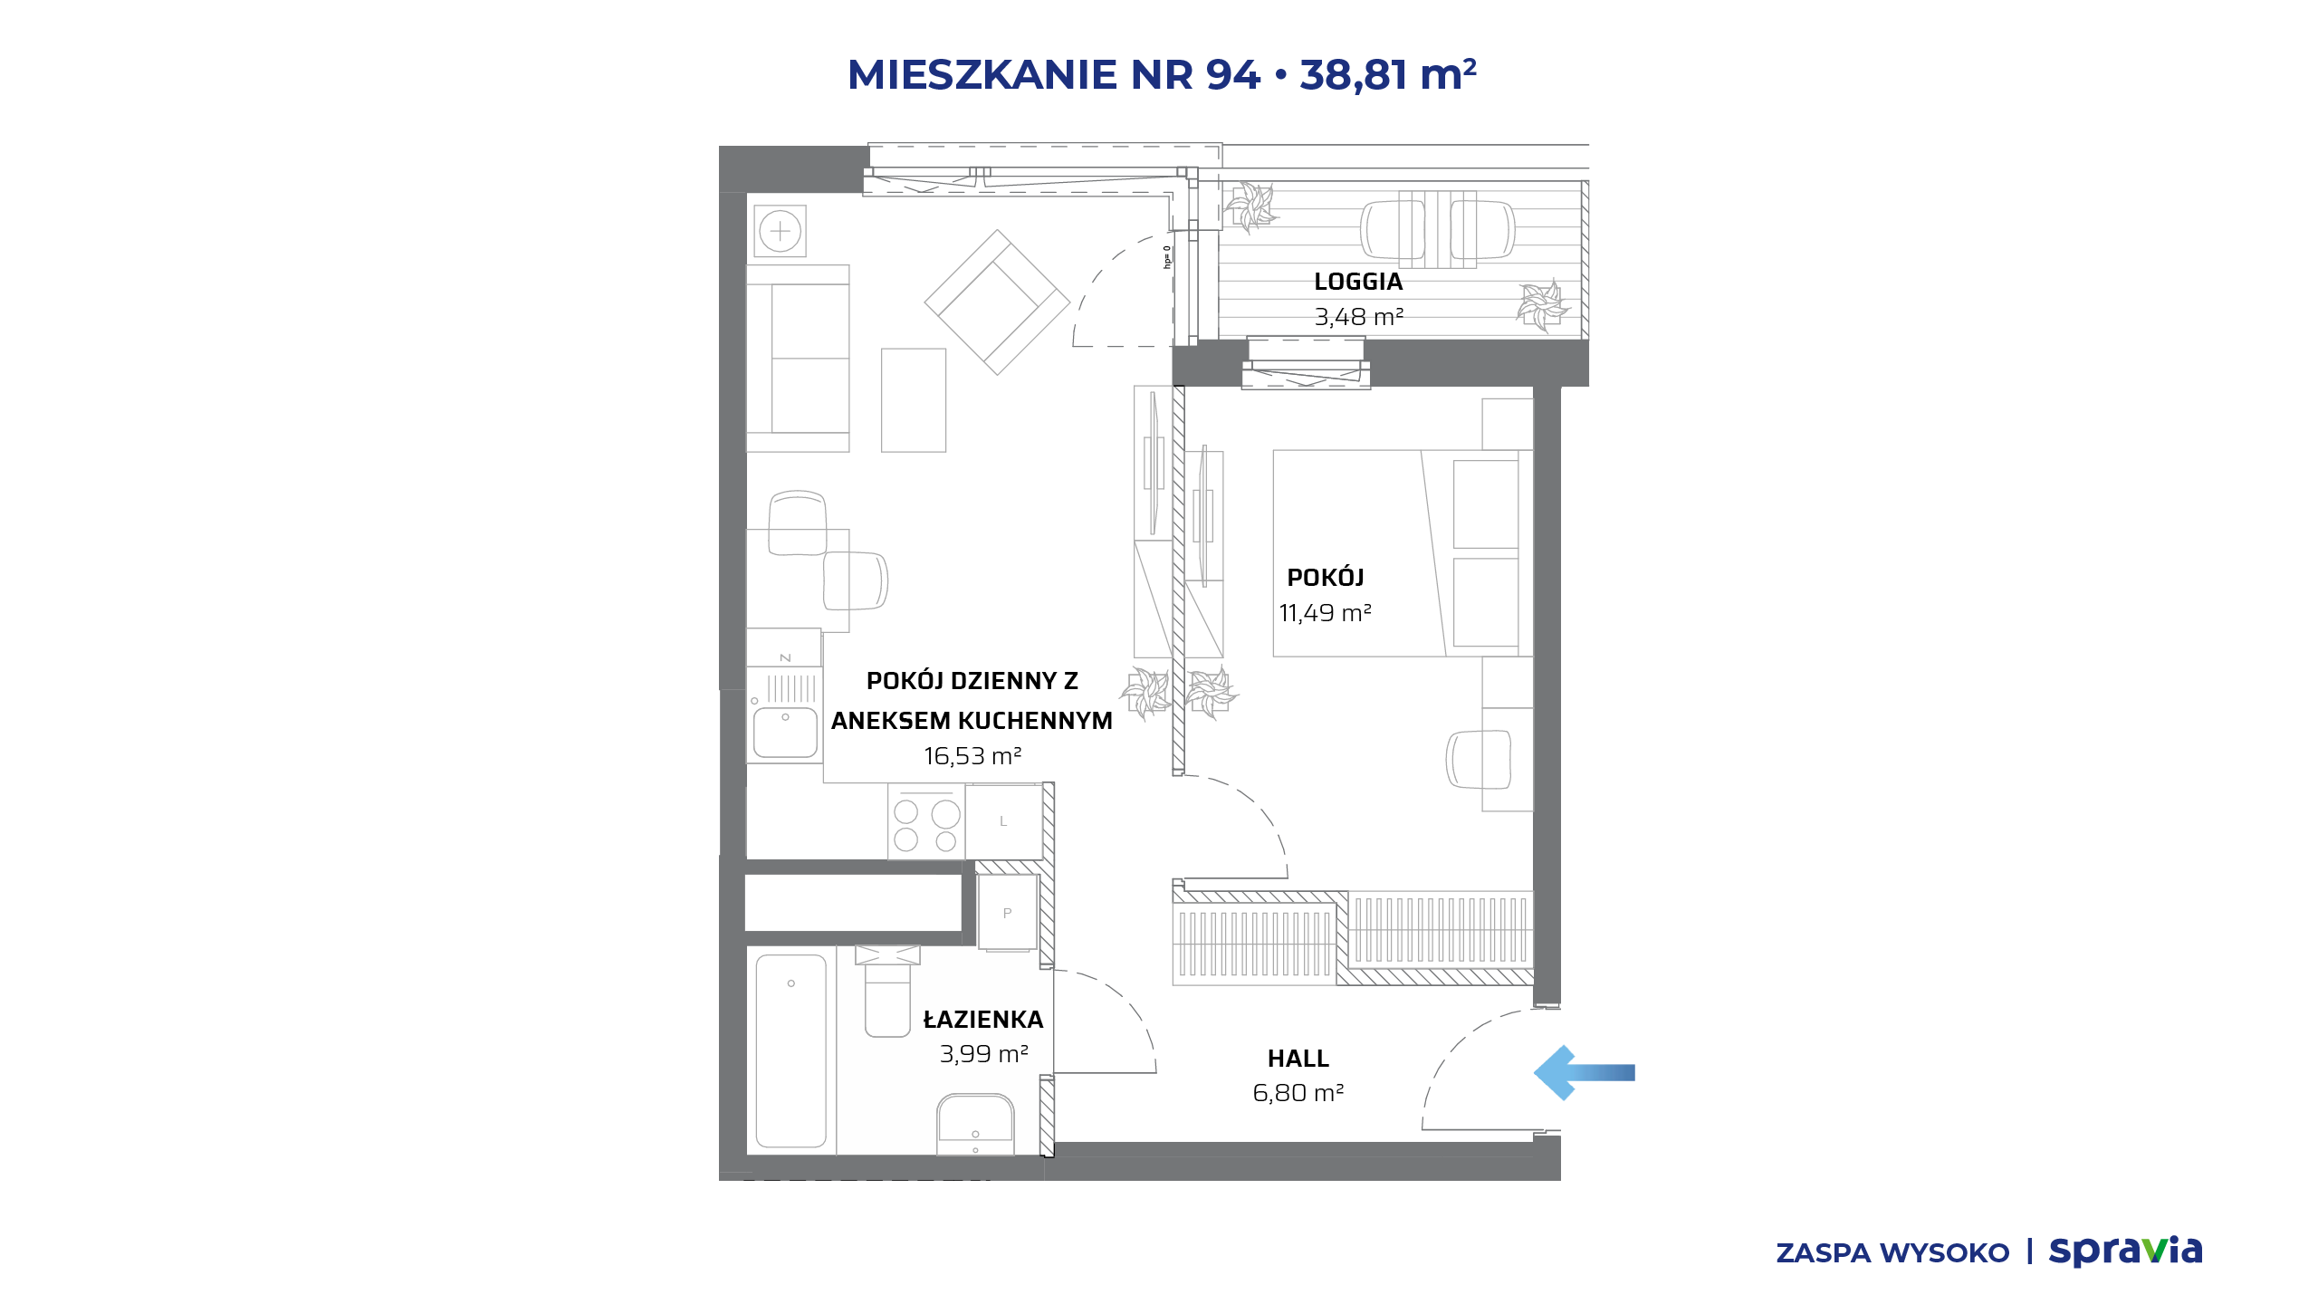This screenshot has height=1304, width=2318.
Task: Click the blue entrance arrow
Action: coord(1584,1073)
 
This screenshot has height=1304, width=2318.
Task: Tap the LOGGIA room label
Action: coord(1358,282)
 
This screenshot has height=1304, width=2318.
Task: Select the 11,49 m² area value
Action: coord(1325,613)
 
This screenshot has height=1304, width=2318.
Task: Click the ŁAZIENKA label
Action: coord(983,1019)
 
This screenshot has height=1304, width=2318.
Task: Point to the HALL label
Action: coord(1298,1059)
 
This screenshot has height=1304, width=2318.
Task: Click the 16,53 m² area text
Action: coord(972,756)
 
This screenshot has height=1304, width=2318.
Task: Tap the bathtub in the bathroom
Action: coord(791,1050)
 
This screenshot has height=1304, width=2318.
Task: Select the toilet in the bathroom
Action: coord(887,991)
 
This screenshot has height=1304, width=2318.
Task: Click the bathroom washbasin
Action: coord(975,1124)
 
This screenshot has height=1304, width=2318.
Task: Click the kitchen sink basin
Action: coord(786,733)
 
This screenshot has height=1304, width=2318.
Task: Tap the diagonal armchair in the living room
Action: coord(997,302)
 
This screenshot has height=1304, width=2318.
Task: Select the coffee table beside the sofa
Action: coord(914,400)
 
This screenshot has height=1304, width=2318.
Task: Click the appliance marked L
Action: coord(1004,821)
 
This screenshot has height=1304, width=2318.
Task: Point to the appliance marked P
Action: coord(1007,913)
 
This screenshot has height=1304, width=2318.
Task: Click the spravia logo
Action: coord(2125,1251)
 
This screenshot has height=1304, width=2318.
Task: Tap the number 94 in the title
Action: coord(1233,74)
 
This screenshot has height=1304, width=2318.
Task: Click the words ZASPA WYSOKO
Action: coord(1892,1253)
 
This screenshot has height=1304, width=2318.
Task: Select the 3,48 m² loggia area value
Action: coord(1358,317)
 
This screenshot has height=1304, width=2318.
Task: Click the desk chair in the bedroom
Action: coord(1480,759)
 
